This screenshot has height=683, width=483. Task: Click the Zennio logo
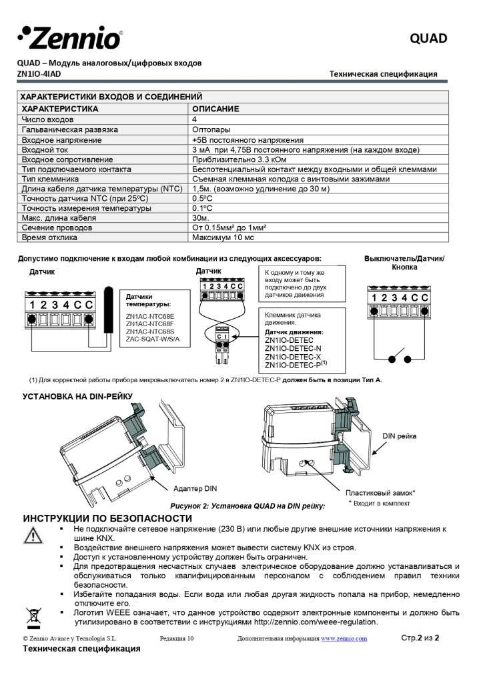point(70,37)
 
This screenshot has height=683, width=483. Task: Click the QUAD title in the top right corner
point(428,39)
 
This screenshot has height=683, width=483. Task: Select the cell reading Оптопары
point(211,129)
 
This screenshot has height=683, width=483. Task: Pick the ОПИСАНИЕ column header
point(215,109)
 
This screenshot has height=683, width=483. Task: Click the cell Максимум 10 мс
point(223,237)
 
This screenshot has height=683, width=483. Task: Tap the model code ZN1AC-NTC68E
point(150,315)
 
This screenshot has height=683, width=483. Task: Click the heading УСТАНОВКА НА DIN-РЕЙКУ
point(78,396)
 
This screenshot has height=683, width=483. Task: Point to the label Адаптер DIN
point(195,488)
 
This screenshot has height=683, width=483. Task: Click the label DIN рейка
point(399,436)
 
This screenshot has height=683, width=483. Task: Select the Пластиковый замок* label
point(380,493)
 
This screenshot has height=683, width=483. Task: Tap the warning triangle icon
point(31,534)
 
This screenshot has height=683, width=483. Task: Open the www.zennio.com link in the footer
point(344,639)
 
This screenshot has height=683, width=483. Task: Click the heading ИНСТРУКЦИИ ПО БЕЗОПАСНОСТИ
point(107,518)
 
